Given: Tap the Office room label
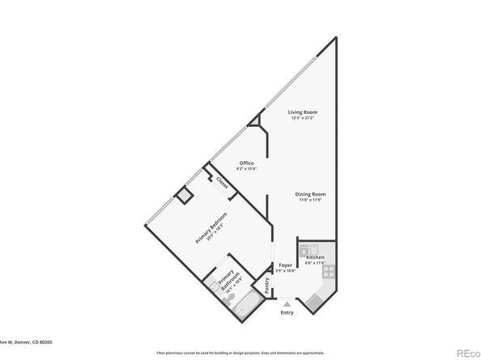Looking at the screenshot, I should [x=246, y=163].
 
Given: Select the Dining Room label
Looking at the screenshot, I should [x=310, y=193].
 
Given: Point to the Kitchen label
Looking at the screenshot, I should [x=315, y=257].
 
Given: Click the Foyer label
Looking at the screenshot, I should [x=285, y=265].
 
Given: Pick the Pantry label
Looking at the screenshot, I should [x=266, y=286].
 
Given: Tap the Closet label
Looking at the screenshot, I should [x=222, y=183].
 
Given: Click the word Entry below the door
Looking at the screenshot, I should [x=287, y=312].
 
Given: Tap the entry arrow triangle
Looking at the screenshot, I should [x=287, y=303].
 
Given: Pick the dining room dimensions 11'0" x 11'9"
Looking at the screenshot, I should [x=310, y=200].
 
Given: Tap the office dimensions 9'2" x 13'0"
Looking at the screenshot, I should [x=246, y=169].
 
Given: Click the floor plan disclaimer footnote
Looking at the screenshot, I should [x=240, y=353].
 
